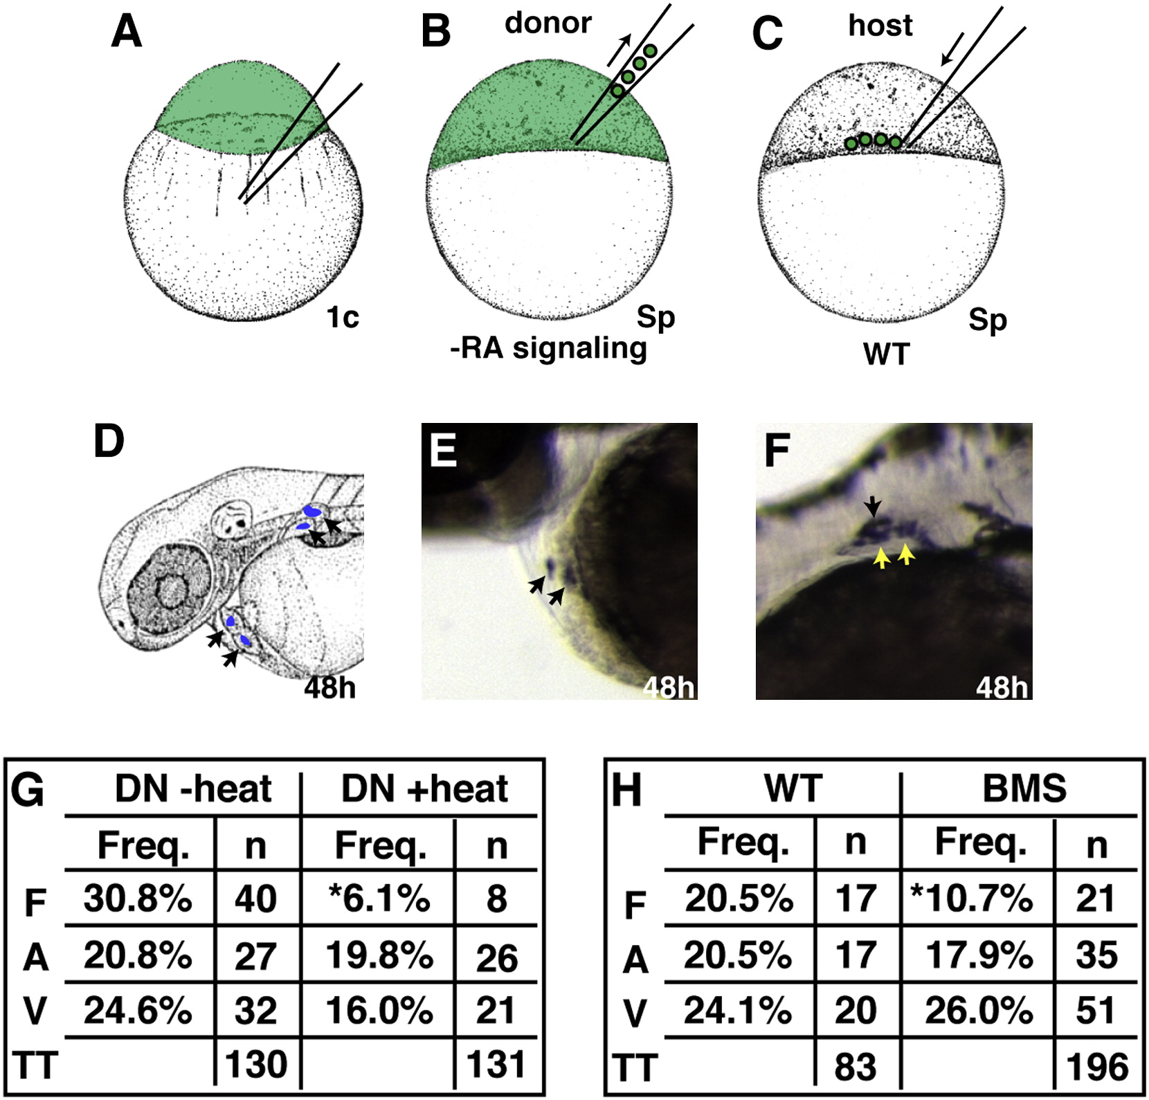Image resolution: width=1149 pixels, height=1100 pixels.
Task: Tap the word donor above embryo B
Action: (548, 23)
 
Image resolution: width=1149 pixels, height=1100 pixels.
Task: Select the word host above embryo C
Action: (880, 26)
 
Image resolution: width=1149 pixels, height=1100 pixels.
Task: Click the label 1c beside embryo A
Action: (343, 317)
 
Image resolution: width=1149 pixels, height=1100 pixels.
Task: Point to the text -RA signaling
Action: (548, 348)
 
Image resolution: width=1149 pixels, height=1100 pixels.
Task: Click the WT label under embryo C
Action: (887, 354)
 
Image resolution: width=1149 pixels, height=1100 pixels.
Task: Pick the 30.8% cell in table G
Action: (138, 899)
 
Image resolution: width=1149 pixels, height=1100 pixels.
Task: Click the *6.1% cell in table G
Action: (380, 899)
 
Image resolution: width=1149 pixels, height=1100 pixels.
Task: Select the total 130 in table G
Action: (256, 1063)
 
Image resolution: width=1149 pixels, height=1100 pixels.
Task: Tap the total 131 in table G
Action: (496, 1063)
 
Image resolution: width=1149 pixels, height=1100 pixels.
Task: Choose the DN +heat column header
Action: (425, 789)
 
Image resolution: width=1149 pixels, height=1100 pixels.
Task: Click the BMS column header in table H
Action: (1024, 789)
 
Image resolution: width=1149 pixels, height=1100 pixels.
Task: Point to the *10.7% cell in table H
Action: (972, 899)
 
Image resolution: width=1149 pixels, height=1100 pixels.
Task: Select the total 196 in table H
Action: (1098, 1067)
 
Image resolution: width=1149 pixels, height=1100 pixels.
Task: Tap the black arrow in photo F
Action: (874, 507)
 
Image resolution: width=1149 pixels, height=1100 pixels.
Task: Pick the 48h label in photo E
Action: (668, 687)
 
